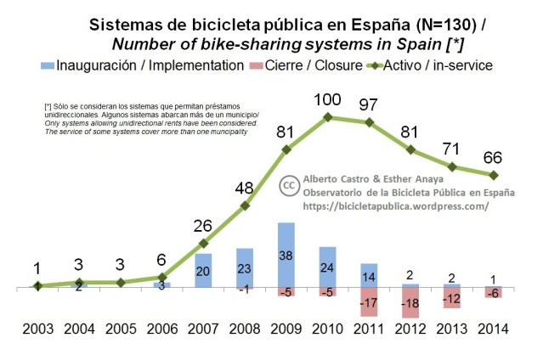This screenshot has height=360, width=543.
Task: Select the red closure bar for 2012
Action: (410, 303)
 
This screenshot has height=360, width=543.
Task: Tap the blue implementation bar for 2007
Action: (203, 271)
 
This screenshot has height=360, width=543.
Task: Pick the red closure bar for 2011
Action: (369, 302)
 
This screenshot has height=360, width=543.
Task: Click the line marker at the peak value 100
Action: (328, 116)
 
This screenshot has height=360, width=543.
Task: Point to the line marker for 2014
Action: (494, 176)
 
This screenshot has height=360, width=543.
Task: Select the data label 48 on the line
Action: (245, 187)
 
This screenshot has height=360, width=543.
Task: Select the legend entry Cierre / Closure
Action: (311, 65)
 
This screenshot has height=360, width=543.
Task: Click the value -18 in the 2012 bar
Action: (410, 303)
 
